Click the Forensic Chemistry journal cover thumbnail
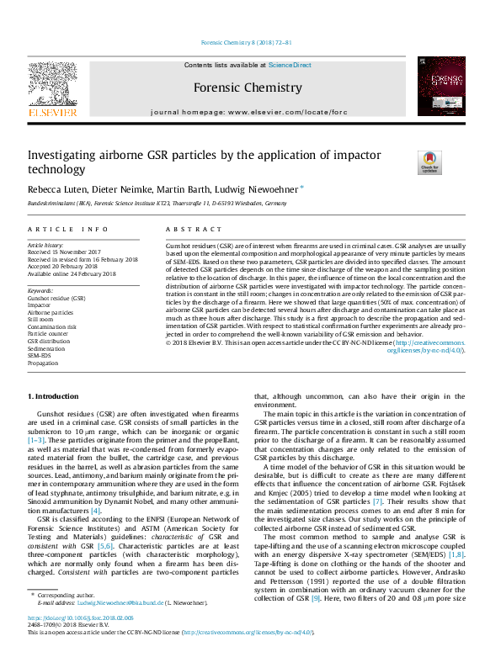pyautogui.click(x=440, y=87)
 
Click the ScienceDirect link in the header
pyautogui.click(x=290, y=65)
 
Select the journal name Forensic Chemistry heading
pyautogui.click(x=248, y=87)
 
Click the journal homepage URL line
pyautogui.click(x=248, y=112)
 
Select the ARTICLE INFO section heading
pyautogui.click(x=68, y=230)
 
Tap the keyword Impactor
pyautogui.click(x=40, y=305)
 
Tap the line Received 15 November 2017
pyautogui.click(x=64, y=252)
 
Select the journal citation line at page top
pyautogui.click(x=247, y=42)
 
